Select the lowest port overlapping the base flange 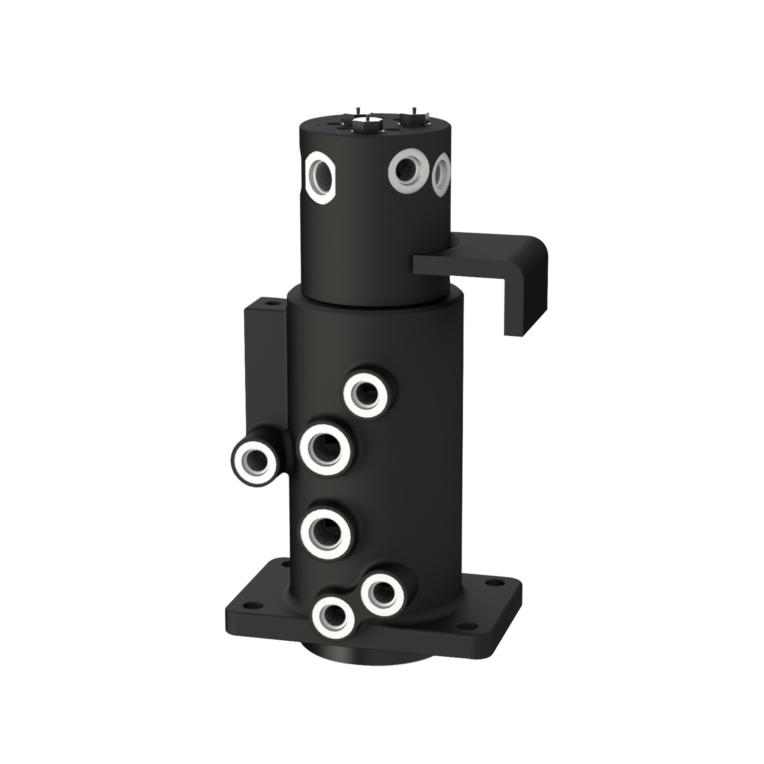pyautogui.click(x=333, y=625)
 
